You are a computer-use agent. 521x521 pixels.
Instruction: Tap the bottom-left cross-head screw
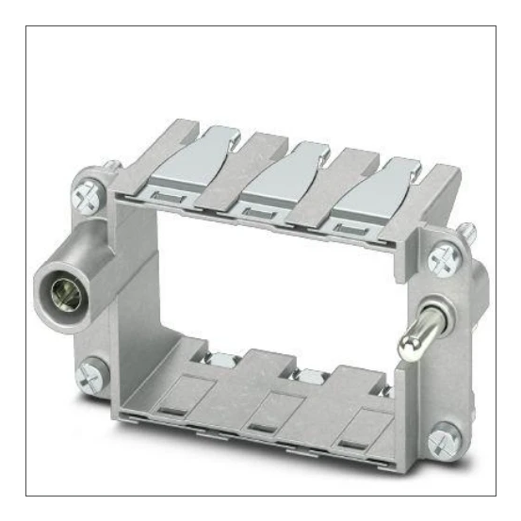click(x=93, y=374)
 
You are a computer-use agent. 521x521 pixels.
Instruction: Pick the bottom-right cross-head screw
click(x=446, y=439)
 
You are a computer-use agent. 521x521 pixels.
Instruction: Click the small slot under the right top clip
click(x=344, y=227)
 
